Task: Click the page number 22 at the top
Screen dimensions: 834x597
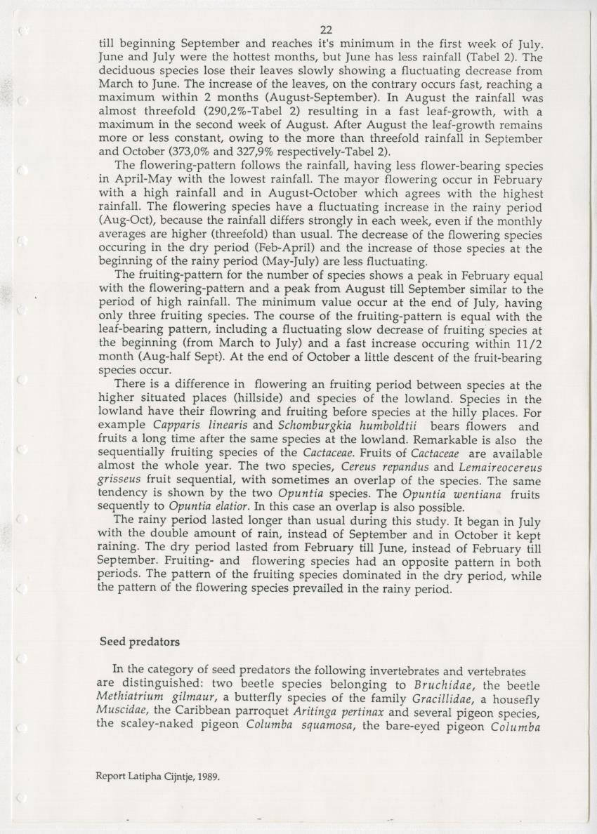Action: (x=326, y=29)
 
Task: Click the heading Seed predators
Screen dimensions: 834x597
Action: (x=140, y=642)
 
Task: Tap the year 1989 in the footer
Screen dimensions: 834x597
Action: (x=206, y=777)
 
